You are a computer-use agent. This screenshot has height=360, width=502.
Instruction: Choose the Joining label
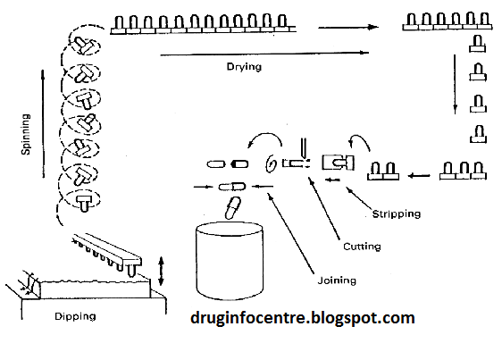(335, 280)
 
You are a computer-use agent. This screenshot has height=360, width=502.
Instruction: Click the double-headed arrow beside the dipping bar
(162, 271)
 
